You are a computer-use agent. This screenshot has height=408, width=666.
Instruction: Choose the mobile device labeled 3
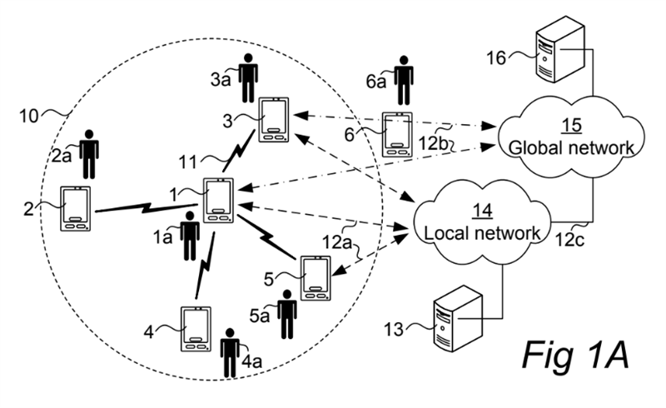click(x=274, y=121)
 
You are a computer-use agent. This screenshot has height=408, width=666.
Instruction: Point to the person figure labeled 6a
click(x=403, y=80)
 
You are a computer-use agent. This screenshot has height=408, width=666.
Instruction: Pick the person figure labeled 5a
click(x=287, y=316)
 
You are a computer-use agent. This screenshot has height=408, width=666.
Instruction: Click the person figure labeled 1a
click(x=191, y=237)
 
